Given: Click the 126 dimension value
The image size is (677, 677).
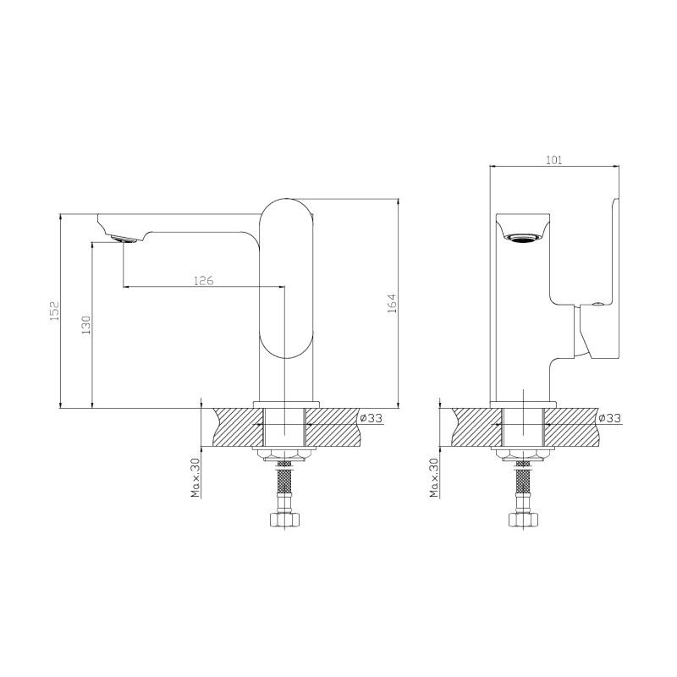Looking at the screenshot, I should (x=202, y=280).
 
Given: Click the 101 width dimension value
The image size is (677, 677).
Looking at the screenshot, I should (x=554, y=160).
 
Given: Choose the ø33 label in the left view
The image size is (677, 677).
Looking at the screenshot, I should (x=371, y=418).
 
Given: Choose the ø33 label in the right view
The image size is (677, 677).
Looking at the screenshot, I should (x=609, y=418).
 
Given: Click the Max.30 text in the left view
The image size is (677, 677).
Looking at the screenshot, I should (x=195, y=478).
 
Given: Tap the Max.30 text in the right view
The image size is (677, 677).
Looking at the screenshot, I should (x=433, y=478).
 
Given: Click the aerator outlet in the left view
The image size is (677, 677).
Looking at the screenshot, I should (x=124, y=239).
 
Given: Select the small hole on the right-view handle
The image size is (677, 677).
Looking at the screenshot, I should (x=598, y=302).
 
